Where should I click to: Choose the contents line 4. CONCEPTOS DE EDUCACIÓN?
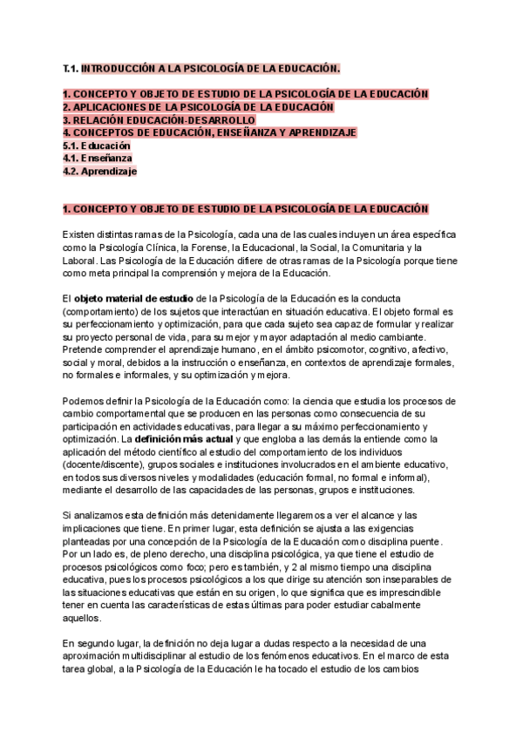[x=209, y=132]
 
